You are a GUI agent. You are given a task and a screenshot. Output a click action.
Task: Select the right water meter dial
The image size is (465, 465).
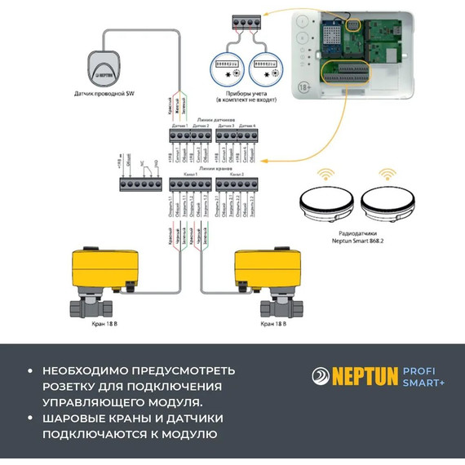tap(265, 69)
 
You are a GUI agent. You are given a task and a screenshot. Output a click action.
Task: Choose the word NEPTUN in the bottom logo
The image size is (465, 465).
tap(364, 377)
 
